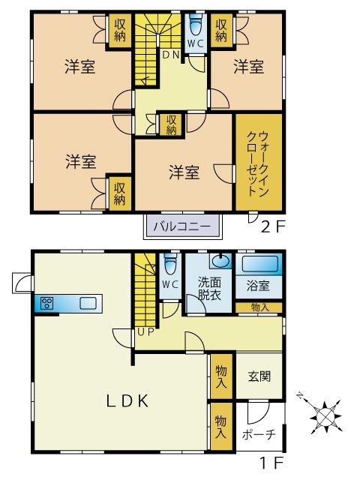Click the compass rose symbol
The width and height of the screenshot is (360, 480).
pyautogui.click(x=325, y=416)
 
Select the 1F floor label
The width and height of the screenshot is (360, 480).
pyautogui.click(x=271, y=463)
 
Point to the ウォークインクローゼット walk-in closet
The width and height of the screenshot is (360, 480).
pyautogui.click(x=259, y=162)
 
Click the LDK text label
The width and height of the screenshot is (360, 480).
pyautogui.click(x=127, y=401)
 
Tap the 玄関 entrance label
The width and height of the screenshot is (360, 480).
pyautogui.click(x=259, y=376)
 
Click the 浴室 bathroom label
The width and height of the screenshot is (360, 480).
pyautogui.click(x=258, y=286)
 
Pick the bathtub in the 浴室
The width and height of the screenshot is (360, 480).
pyautogui.click(x=260, y=264)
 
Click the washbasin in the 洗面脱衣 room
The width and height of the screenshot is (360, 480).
pyautogui.click(x=220, y=261)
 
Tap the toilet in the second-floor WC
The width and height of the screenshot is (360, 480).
pyautogui.click(x=195, y=25)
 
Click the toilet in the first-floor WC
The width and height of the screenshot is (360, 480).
pyautogui.click(x=170, y=264)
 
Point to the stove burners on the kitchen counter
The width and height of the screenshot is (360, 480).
pyautogui.click(x=47, y=303)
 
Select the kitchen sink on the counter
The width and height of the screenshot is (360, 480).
pyautogui.click(x=88, y=303)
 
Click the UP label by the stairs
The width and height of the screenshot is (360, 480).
pyautogui.click(x=145, y=332)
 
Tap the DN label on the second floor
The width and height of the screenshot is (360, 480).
pyautogui.click(x=170, y=55)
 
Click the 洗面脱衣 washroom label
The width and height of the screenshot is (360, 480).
pyautogui.click(x=209, y=288)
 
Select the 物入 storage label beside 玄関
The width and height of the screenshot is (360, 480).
pyautogui.click(x=221, y=376)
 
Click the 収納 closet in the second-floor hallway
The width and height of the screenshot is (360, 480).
pyautogui.click(x=172, y=125)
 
